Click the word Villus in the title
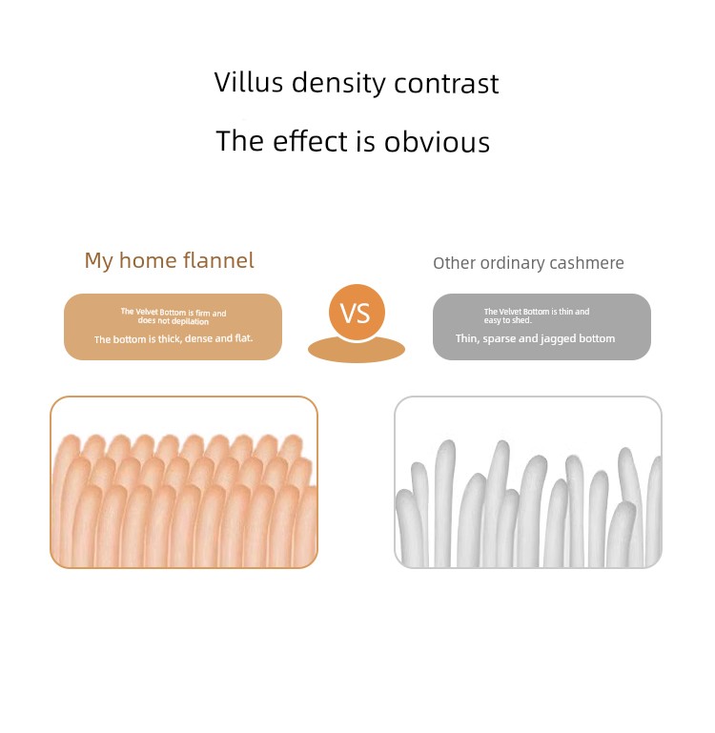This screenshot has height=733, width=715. tap(249, 82)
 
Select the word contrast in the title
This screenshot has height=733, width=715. tap(446, 84)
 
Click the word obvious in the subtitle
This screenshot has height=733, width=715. tap(437, 141)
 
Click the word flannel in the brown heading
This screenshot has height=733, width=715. tap(218, 260)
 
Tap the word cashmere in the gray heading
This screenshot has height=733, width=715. tap(586, 263)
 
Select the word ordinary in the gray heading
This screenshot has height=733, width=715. tap(511, 264)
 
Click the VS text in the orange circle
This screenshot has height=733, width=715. tap(356, 314)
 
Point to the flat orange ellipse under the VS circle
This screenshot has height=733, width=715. tap(357, 351)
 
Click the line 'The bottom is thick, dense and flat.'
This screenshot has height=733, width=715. tap(174, 338)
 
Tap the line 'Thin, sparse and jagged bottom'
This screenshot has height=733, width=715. tap(536, 338)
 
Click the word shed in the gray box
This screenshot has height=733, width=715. tap(521, 320)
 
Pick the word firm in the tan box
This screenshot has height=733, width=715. tap(202, 313)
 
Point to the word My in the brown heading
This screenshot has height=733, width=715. tap(98, 261)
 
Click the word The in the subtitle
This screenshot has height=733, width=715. tap(240, 141)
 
